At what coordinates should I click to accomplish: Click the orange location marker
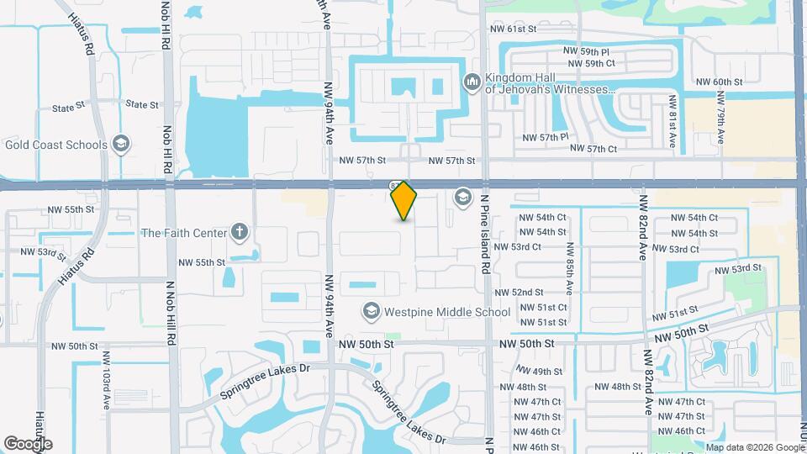coord(403,200)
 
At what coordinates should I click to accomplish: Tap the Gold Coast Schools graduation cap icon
coord(122,145)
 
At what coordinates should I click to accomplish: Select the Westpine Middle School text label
coord(447,312)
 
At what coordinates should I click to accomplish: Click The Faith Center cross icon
coord(240,233)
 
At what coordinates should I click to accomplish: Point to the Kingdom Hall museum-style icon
coord(471,81)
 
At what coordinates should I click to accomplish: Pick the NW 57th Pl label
coord(546,136)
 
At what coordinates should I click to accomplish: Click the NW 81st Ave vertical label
coord(672,122)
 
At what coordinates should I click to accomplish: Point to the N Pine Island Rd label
coord(485,235)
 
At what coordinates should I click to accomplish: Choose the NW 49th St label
coord(539,372)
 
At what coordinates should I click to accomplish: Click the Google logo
coord(28,443)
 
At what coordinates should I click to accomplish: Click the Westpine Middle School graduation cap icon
coord(370,312)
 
